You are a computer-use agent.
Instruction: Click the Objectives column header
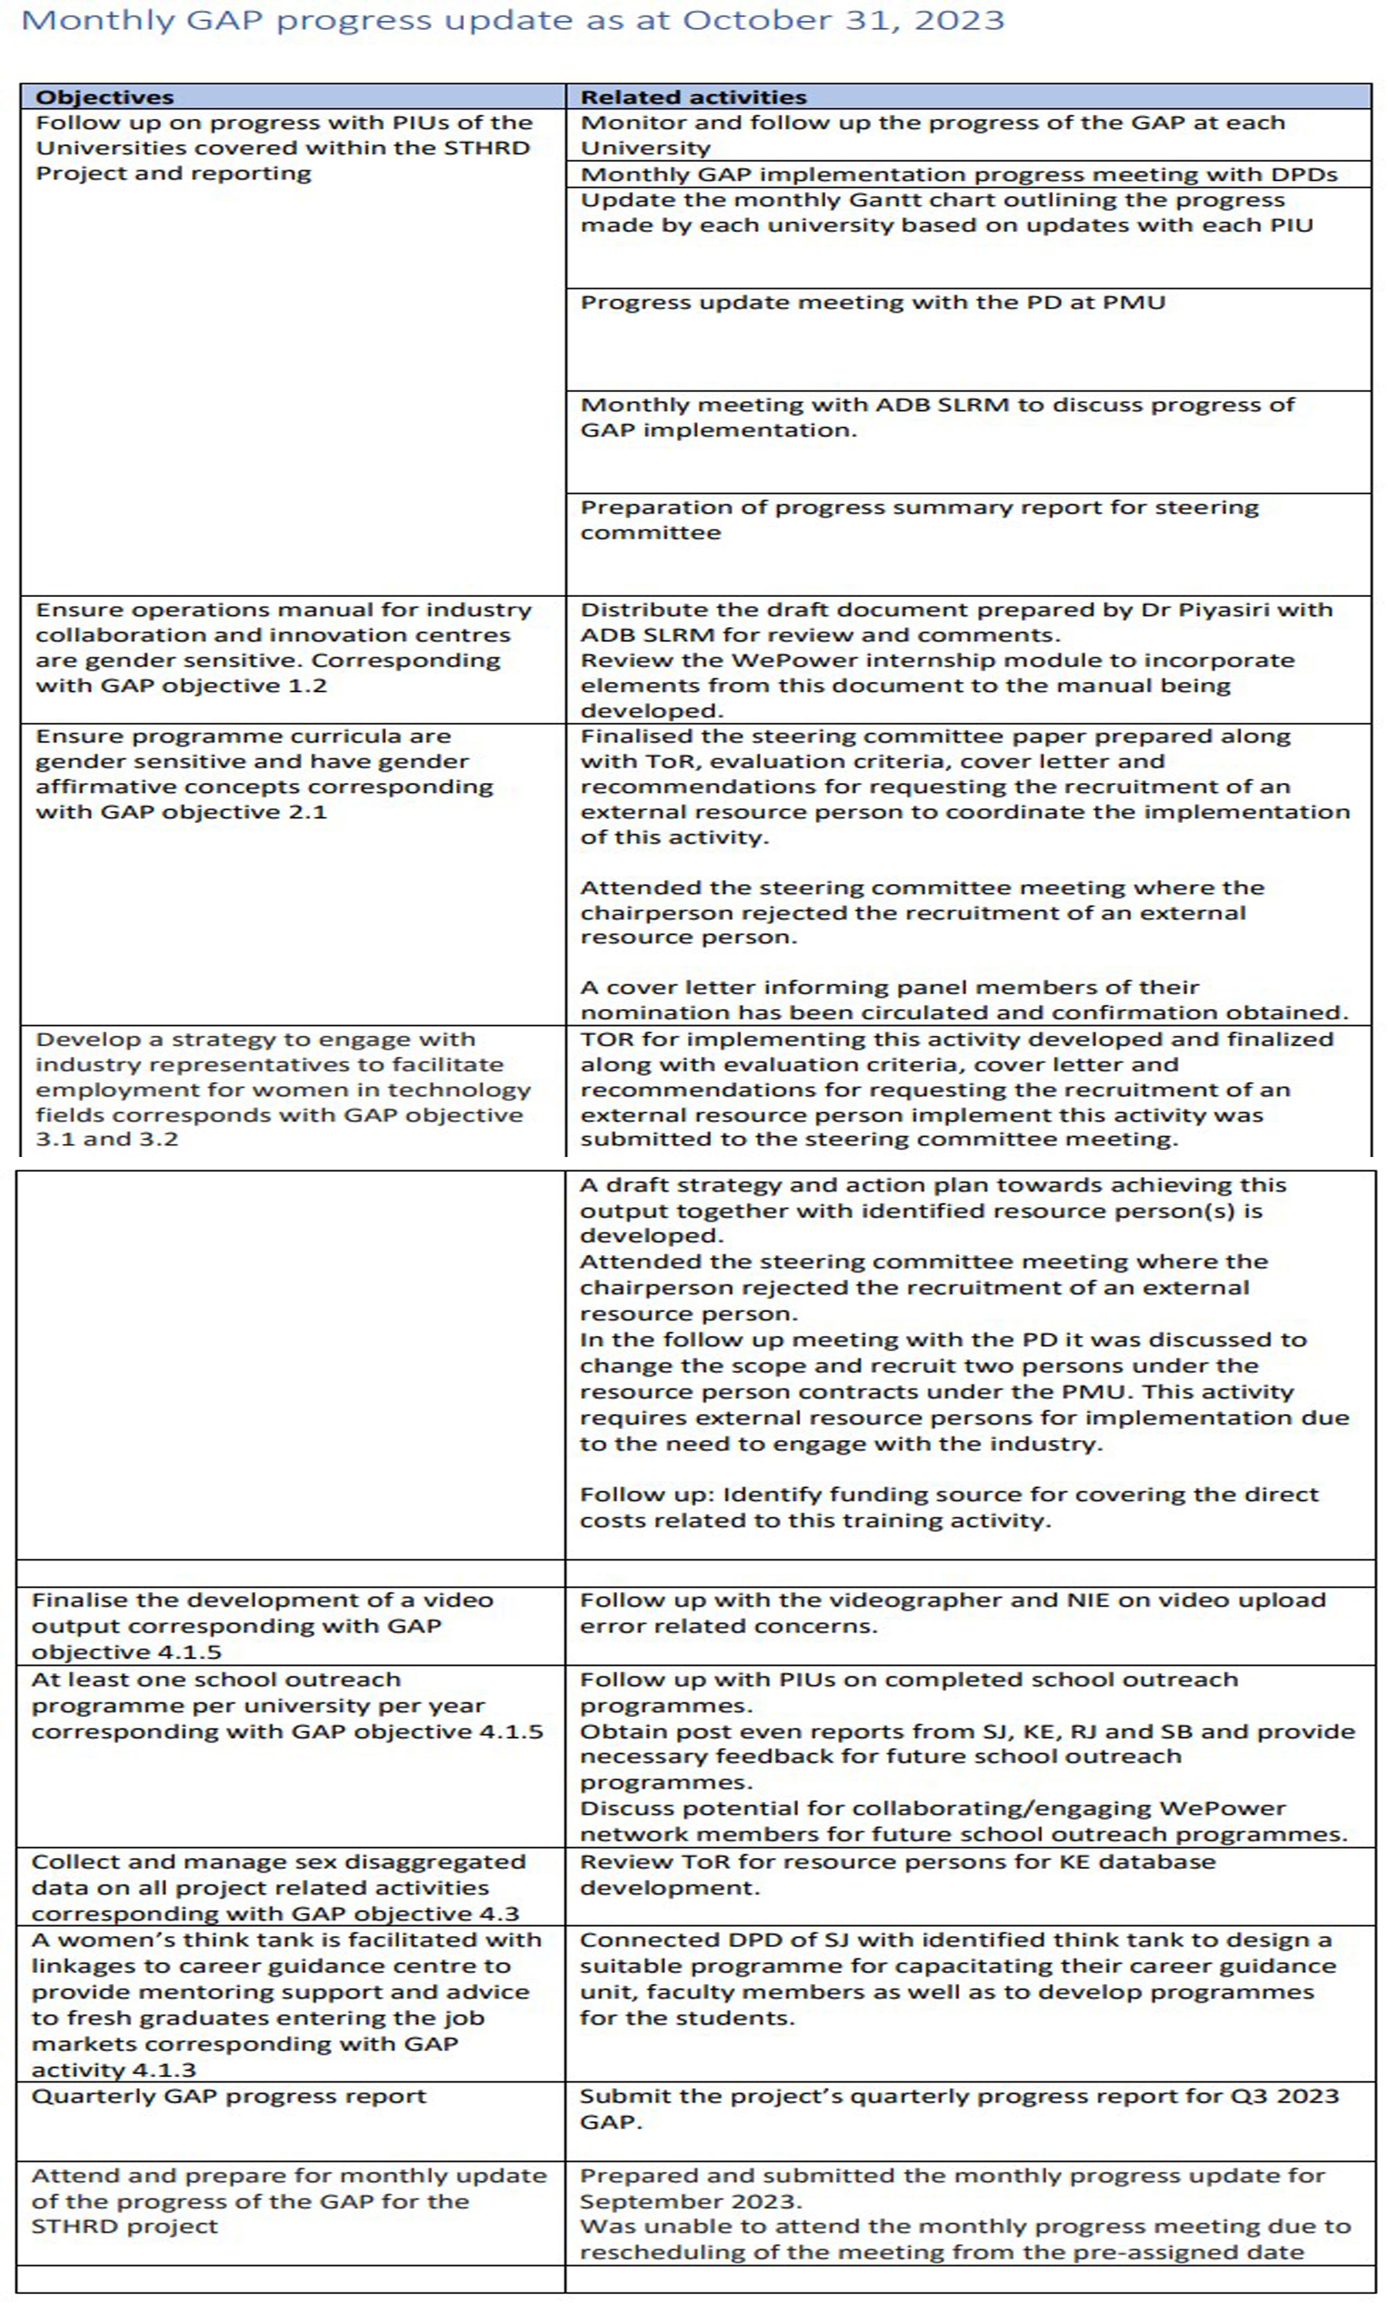tap(105, 97)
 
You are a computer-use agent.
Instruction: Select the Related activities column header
tap(693, 97)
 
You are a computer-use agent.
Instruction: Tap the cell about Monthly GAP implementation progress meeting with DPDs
tap(958, 174)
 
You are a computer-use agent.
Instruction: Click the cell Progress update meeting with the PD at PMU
tap(873, 302)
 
